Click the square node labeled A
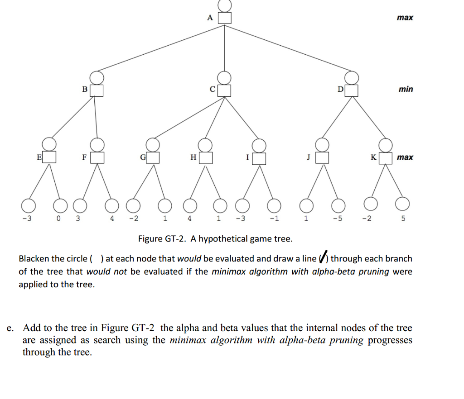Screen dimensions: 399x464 [225, 18]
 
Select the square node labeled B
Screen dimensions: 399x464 [97, 90]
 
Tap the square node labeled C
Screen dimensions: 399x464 [225, 90]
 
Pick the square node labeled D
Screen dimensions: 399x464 [352, 90]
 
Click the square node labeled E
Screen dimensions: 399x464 [49, 157]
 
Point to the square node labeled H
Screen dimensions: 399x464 [206, 158]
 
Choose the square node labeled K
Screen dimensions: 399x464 [386, 158]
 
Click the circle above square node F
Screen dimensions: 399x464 [97, 144]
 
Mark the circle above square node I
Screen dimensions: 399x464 [259, 145]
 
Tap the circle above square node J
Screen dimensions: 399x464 [322, 145]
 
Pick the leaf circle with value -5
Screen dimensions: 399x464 [337, 206]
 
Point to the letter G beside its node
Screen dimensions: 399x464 [143, 157]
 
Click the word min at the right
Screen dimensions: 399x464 [406, 89]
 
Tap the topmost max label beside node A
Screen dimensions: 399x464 [405, 18]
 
